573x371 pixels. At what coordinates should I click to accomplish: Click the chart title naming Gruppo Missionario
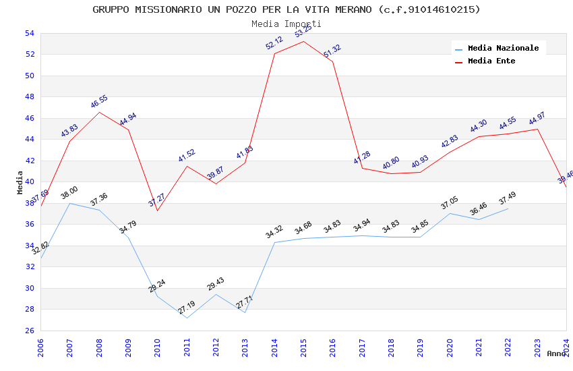pos(286,9)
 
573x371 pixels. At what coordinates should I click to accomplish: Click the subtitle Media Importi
pos(286,24)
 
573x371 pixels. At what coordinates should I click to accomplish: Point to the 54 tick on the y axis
pos(29,33)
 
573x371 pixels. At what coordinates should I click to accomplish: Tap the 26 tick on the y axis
pos(29,331)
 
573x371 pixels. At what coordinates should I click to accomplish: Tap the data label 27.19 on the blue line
pos(187,308)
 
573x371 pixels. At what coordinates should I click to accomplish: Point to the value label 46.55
pos(99,102)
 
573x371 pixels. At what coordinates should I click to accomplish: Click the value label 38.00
pos(69,193)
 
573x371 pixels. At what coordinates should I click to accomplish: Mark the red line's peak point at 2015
pos(303,42)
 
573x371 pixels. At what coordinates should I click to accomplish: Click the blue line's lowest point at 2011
pos(187,318)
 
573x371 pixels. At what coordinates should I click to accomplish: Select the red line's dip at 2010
pos(157,210)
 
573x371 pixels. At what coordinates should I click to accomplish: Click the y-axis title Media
pos(20,182)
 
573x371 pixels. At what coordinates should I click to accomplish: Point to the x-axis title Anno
pos(556,353)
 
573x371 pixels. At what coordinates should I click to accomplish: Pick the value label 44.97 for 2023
pos(537,119)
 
